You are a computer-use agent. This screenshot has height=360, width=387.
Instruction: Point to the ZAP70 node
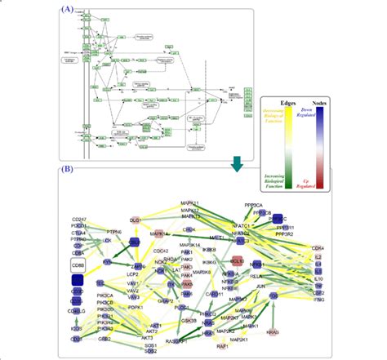click(139, 266)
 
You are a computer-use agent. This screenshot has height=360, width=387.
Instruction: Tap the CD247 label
click(79, 218)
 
